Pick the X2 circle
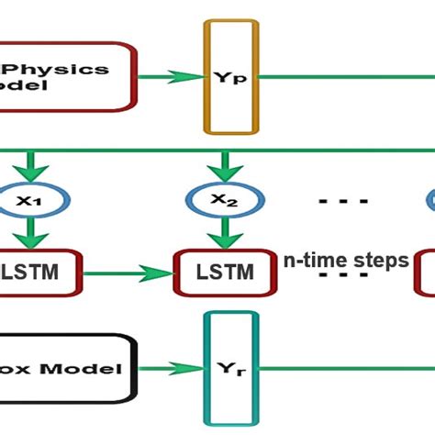[220, 199]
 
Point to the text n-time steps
[344, 261]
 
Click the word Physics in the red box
[68, 69]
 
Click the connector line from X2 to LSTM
[220, 232]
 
